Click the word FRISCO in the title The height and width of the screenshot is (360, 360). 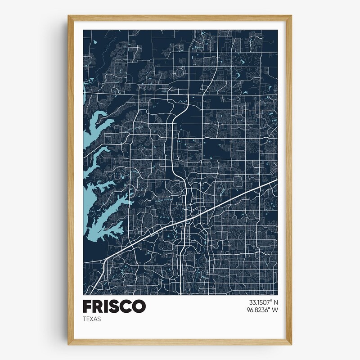[114, 306]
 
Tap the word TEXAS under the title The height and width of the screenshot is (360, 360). [92, 319]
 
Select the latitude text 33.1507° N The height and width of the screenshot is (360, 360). [260, 302]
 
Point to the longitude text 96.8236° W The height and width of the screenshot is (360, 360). [260, 310]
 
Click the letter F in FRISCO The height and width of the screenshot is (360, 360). [88, 306]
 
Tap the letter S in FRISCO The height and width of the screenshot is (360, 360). [112, 306]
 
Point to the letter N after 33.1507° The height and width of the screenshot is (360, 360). [275, 302]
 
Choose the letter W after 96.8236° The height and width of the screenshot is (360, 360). [274, 310]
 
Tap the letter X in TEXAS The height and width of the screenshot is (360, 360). [91, 319]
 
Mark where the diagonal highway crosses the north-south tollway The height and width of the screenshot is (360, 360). [185, 220]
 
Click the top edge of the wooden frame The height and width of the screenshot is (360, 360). [180, 18]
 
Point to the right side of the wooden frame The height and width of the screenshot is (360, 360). [288, 180]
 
